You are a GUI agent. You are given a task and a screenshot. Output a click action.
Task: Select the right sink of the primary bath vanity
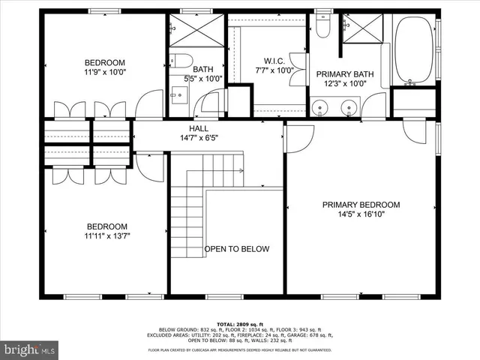click(x=349, y=108)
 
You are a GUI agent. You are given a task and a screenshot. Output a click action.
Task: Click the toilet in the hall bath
click(x=180, y=61)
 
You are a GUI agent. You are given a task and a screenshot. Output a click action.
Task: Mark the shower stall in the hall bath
click(x=196, y=30)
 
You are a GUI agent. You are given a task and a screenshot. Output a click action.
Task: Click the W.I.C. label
click(x=273, y=61)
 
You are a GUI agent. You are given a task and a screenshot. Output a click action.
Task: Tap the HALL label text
click(x=199, y=128)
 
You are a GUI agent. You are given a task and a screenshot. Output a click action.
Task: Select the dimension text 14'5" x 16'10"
click(x=361, y=214)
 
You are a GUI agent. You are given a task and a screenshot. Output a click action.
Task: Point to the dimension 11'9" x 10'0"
click(x=104, y=73)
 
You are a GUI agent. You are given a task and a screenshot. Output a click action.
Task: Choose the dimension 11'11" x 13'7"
click(x=106, y=237)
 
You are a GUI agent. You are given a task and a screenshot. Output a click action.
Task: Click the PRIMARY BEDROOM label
click(x=361, y=205)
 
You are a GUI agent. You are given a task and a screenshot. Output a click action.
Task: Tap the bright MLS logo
click(x=30, y=349)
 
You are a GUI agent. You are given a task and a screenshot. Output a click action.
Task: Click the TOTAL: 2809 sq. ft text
click(x=240, y=323)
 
